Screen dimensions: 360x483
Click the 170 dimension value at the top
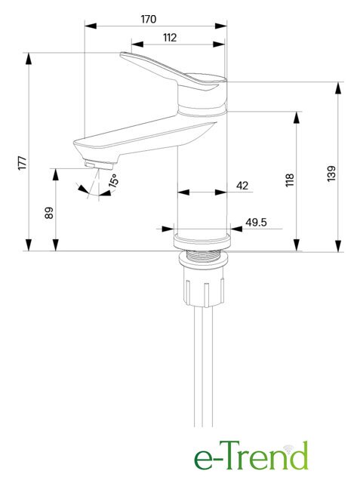[149, 20]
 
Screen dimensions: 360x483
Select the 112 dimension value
[170, 38]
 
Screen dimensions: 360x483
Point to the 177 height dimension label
[23, 163]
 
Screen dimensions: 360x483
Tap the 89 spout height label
[49, 213]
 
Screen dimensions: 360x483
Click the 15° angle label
[114, 180]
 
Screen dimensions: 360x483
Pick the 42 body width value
[242, 186]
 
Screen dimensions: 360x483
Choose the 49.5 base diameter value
[256, 222]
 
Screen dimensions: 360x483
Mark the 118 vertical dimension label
[290, 180]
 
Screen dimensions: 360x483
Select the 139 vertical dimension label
[331, 174]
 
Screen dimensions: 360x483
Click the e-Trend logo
[251, 455]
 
